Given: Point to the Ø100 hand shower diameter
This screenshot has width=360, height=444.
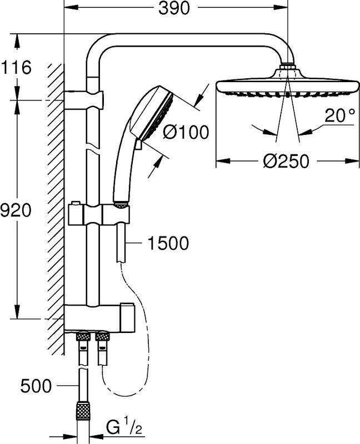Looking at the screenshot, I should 187,133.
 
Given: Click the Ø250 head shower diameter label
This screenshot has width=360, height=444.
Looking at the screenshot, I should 286,162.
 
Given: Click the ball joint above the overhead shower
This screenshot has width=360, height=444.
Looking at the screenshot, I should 287,69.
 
